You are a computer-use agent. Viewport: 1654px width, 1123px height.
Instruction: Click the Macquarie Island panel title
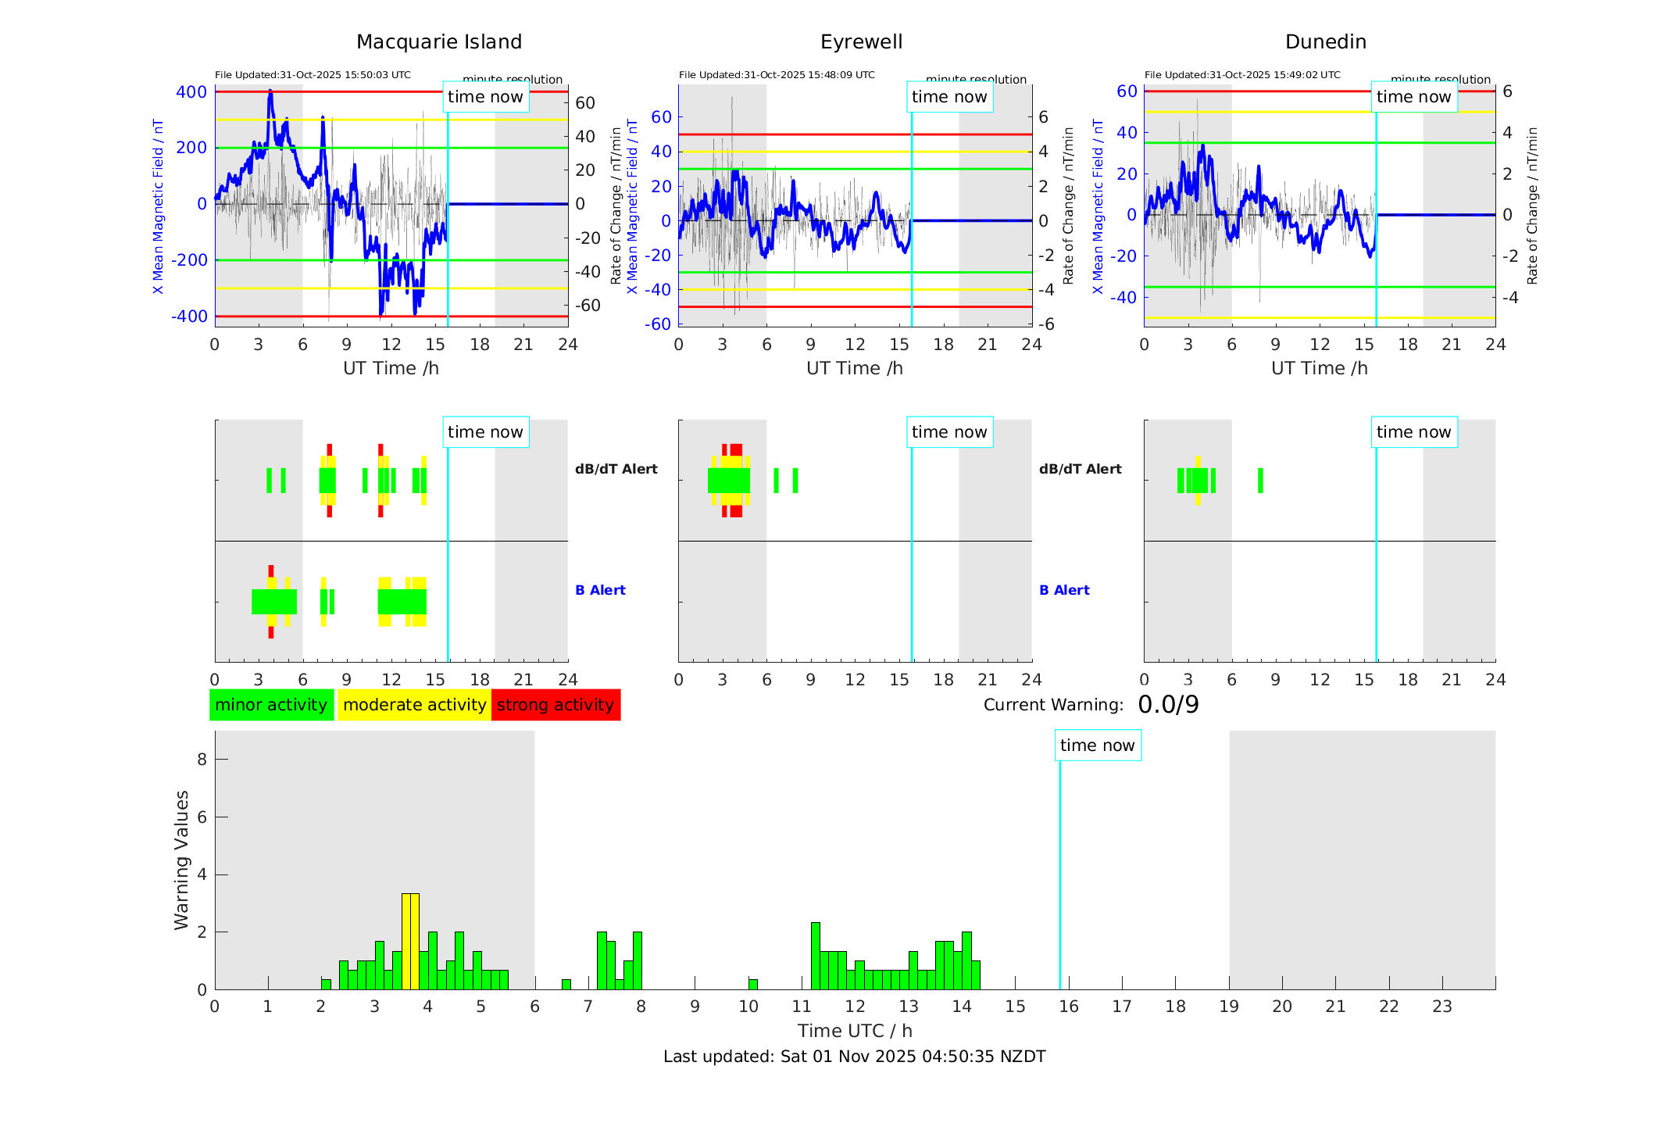(438, 42)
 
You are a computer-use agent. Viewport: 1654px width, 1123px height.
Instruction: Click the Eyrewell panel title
(861, 42)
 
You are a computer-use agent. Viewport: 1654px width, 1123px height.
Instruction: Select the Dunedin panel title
(1325, 42)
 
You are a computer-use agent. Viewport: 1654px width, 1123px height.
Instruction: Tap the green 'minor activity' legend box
(271, 705)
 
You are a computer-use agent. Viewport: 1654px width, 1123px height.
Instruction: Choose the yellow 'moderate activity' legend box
(414, 705)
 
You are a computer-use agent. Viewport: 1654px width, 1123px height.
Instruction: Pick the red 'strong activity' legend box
(556, 705)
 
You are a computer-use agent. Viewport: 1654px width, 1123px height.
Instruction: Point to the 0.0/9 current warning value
(1168, 705)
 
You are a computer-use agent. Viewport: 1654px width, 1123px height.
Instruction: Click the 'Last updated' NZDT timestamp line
(854, 1057)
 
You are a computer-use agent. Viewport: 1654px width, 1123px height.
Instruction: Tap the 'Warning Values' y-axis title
(182, 860)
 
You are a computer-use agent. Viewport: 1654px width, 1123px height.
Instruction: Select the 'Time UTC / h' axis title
(855, 1031)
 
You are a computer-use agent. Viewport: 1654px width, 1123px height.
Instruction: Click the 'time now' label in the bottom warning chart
(1097, 746)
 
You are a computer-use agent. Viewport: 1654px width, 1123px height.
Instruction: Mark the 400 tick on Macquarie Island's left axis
(191, 92)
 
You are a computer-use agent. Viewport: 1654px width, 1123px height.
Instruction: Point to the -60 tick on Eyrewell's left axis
(657, 324)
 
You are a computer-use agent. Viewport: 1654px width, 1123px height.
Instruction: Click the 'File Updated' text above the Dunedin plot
(1242, 75)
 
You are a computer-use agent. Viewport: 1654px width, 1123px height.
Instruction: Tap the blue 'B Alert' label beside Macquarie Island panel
(600, 590)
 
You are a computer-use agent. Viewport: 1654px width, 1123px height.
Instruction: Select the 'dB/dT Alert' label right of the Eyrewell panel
(1080, 469)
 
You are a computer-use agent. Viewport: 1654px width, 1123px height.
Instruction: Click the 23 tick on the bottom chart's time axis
(1441, 1007)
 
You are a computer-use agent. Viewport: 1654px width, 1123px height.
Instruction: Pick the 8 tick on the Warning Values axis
(202, 759)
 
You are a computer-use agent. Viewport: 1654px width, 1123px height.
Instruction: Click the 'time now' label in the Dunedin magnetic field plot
(1413, 97)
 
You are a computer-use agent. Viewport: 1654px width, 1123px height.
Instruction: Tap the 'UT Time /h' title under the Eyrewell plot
(854, 368)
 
